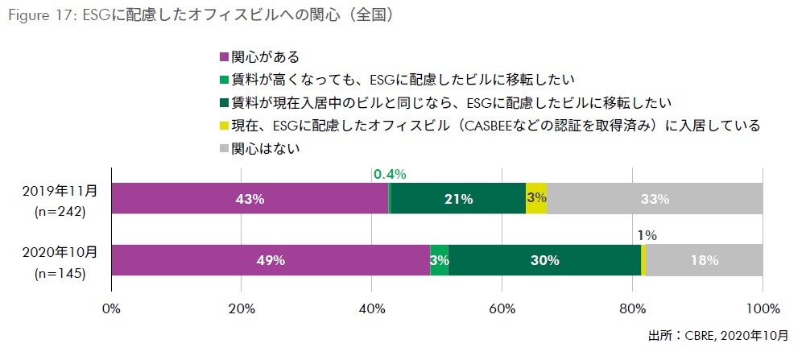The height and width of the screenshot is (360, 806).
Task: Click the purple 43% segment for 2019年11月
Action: pos(250,198)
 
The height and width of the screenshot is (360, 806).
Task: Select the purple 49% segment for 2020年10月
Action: pos(271,260)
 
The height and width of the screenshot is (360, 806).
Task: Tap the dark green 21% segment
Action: pos(457,198)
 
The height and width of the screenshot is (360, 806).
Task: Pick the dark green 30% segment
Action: pos(544,260)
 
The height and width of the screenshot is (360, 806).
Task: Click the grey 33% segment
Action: pos(655,198)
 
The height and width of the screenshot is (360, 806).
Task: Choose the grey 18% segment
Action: pos(705,260)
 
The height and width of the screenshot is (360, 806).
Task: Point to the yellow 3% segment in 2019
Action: pos(536,198)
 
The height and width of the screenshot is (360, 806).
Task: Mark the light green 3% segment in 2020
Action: pos(439,260)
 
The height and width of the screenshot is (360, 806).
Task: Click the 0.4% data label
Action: pos(390,174)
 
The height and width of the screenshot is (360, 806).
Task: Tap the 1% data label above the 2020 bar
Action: pos(647,236)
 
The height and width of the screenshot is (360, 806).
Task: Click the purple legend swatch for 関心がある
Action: pos(225,58)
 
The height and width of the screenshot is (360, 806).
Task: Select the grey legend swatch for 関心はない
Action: pos(225,149)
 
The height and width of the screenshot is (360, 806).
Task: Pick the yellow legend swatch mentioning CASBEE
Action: pos(225,126)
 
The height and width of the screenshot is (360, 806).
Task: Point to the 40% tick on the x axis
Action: pos(372,308)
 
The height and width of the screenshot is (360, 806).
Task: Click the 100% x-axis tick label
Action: pos(762,308)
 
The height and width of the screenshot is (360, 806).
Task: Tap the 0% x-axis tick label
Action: pos(112,308)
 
